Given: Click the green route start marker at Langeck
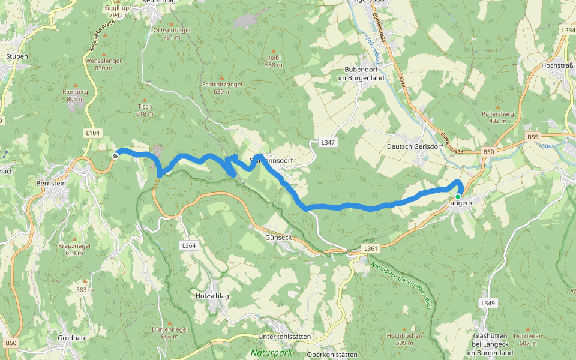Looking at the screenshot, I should pyautogui.click(x=457, y=196).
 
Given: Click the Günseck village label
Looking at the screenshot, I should pyautogui.click(x=278, y=238).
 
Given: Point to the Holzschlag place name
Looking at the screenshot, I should pyautogui.click(x=212, y=296).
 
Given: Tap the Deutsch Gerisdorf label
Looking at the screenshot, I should pyautogui.click(x=415, y=146).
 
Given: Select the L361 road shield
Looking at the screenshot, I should pyautogui.click(x=371, y=248).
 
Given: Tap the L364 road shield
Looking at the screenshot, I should pyautogui.click(x=188, y=245).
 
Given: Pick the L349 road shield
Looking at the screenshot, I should pyautogui.click(x=488, y=304).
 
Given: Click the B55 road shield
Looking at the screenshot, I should pyautogui.click(x=533, y=137).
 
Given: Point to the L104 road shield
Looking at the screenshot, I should pyautogui.click(x=93, y=133).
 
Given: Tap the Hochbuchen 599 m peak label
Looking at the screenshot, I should pyautogui.click(x=404, y=339).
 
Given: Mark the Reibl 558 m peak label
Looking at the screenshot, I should pyautogui.click(x=274, y=61).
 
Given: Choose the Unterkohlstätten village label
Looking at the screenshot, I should pyautogui.click(x=284, y=337).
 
